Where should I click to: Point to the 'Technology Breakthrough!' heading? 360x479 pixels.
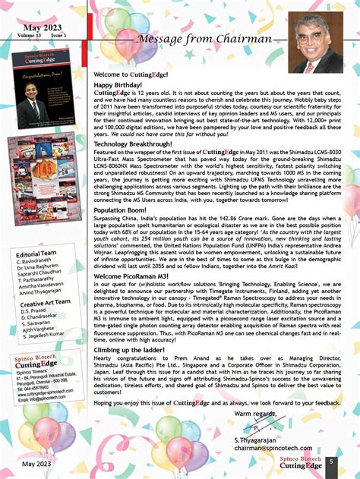(x=133, y=143)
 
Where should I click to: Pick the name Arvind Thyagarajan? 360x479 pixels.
(x=47, y=293)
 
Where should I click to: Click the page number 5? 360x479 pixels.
(x=331, y=462)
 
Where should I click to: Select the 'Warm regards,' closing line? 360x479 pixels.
(x=254, y=414)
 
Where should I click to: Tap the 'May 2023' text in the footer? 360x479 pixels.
(x=37, y=463)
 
